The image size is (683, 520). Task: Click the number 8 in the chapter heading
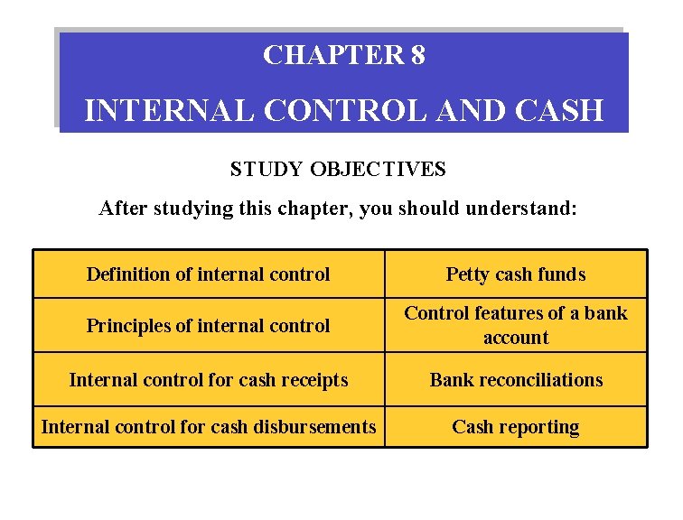[x=417, y=56]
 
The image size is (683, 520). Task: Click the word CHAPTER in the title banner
[x=332, y=56]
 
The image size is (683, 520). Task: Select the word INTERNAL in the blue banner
[x=171, y=110]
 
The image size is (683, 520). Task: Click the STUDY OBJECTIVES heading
[x=338, y=169]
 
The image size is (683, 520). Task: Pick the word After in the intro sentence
[x=124, y=209]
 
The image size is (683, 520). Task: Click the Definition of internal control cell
[x=209, y=274]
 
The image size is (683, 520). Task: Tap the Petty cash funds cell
[x=516, y=274]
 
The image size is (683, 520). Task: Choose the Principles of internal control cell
[x=209, y=325]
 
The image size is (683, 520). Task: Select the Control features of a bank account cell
[x=516, y=325]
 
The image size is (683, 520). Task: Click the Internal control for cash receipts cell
[x=209, y=380]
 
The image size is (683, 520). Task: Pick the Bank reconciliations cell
[x=516, y=380]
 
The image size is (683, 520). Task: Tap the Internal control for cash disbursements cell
[x=209, y=427]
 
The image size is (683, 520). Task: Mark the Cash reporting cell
[x=516, y=427]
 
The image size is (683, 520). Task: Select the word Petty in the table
[x=467, y=274]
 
